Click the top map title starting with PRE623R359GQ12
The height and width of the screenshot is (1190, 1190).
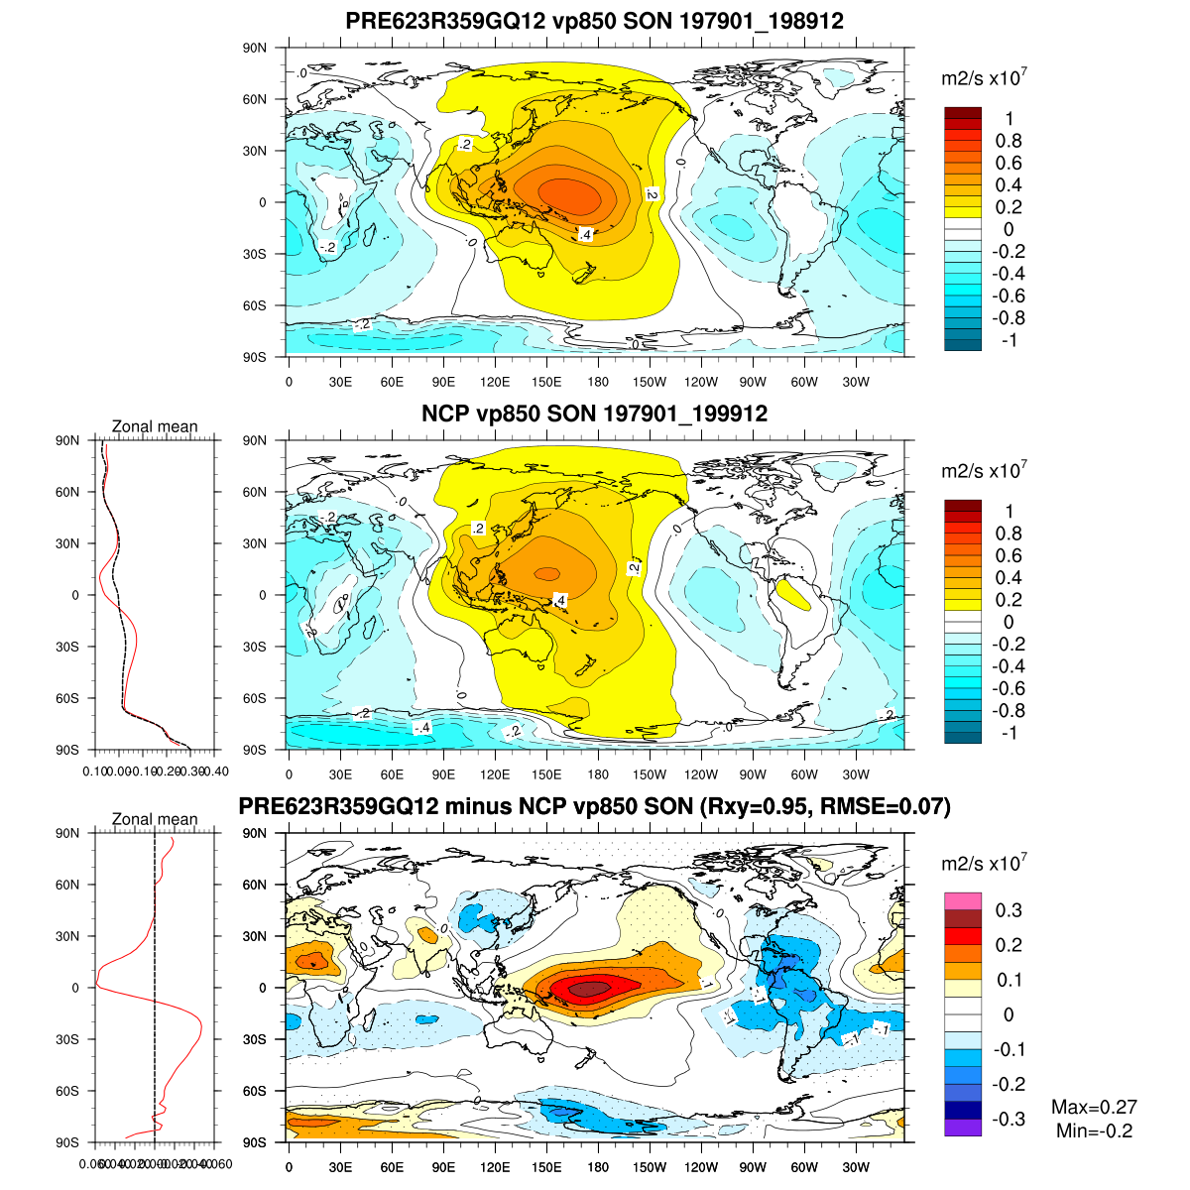pos(595,21)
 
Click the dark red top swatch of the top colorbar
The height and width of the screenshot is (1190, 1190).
pos(963,113)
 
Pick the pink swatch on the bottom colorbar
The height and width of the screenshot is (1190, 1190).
pos(963,901)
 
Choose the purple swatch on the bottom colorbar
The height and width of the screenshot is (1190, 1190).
pos(963,1128)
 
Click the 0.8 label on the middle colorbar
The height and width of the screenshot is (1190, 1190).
pos(1009,534)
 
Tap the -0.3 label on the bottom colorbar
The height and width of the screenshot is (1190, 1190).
pos(1008,1120)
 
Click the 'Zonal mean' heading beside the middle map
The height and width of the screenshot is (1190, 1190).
pos(155,426)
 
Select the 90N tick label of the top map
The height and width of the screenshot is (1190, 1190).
pos(256,48)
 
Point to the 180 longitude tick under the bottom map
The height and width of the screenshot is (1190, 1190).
pos(598,1166)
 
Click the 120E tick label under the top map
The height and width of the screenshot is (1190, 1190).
pos(495,382)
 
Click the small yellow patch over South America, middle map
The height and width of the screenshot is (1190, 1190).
pos(793,595)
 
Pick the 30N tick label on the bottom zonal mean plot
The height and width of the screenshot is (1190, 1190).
pos(67,936)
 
